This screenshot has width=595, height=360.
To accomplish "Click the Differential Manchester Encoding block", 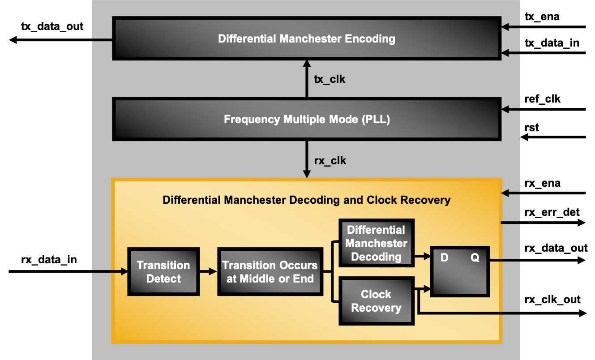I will click(306, 39).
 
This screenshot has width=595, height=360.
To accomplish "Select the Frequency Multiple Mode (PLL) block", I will click(306, 120).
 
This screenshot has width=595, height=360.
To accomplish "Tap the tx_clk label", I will click(330, 80).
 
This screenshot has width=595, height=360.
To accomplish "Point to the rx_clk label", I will click(330, 161).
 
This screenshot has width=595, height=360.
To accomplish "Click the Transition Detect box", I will click(163, 272).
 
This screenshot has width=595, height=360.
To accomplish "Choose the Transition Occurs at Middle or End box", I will click(270, 272).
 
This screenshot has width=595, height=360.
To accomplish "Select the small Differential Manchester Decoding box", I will click(376, 244).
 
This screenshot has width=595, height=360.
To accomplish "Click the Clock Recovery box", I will click(376, 301).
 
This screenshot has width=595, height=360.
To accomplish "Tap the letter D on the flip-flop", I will click(444, 258).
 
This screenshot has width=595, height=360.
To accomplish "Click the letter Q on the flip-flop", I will click(475, 258).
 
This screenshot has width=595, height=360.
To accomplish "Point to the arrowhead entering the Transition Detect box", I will click(124, 271).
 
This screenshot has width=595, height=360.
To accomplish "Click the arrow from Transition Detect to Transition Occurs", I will click(209, 271).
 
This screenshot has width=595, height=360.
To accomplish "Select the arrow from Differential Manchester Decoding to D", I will click(422, 257).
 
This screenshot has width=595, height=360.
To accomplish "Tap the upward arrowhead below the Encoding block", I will click(307, 64).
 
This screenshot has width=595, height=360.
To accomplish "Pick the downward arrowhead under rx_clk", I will click(307, 174).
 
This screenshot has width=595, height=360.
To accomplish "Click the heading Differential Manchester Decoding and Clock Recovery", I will click(306, 200).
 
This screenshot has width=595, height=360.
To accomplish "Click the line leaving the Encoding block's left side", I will click(102, 40).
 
